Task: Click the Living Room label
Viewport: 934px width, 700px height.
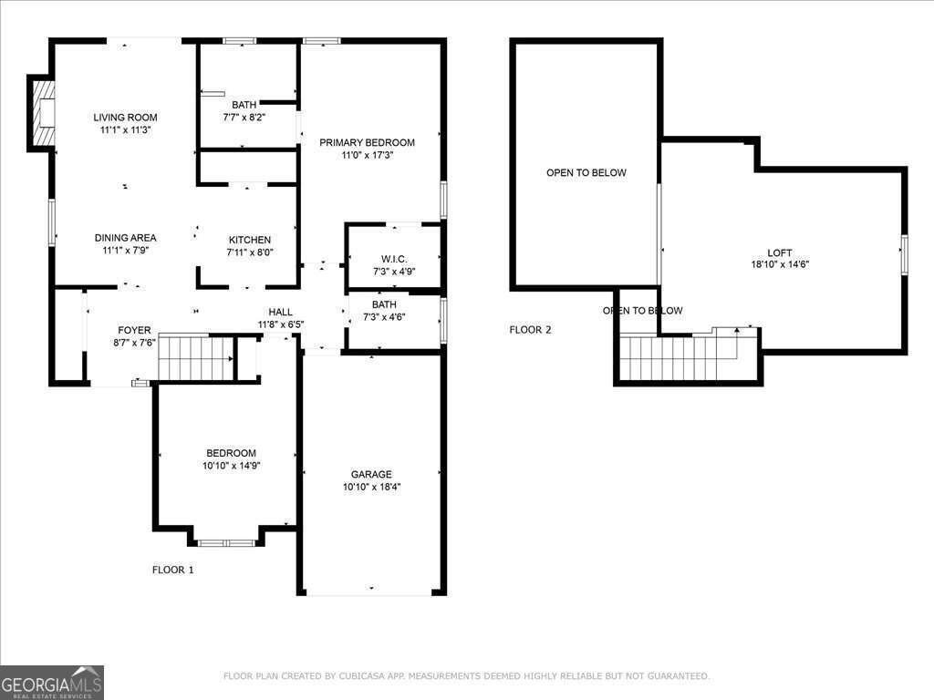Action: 125,117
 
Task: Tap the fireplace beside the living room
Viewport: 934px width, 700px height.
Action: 42,113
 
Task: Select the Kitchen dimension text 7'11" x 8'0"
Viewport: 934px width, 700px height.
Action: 250,252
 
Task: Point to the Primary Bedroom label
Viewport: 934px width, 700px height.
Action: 367,142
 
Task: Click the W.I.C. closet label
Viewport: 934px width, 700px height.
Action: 394,259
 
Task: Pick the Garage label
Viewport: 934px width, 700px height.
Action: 371,474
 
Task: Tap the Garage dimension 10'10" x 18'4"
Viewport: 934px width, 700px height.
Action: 371,487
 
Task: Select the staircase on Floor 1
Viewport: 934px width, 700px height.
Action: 196,357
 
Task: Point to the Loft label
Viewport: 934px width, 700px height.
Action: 779,252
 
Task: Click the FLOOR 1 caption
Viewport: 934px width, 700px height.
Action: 172,570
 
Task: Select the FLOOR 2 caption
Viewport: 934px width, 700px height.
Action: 530,330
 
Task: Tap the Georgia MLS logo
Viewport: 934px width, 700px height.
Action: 52,682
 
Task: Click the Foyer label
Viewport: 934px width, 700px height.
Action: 134,330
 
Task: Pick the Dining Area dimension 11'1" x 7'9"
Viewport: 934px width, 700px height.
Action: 125,250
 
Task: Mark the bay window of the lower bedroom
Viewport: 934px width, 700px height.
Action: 226,543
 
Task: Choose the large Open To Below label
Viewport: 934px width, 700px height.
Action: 586,172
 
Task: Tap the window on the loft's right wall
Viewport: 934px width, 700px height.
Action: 904,253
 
